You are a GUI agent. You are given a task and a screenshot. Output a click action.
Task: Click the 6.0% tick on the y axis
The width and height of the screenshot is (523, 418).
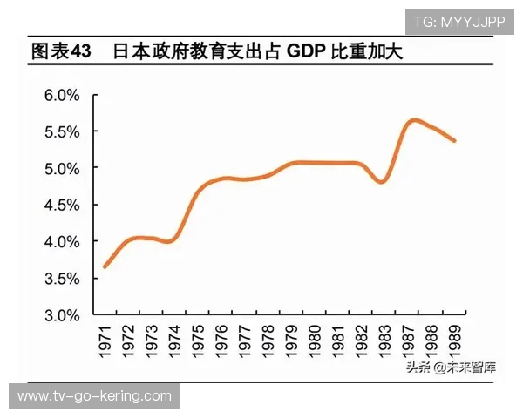(62, 94)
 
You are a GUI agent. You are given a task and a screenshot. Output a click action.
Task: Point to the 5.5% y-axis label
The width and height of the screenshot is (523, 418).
(62, 131)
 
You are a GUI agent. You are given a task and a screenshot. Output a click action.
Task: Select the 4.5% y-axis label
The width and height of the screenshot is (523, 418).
(62, 205)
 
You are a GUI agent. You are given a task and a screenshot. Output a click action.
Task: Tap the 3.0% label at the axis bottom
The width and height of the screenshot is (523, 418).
(62, 315)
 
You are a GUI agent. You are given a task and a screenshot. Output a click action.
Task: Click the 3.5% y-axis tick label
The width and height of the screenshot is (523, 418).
(62, 279)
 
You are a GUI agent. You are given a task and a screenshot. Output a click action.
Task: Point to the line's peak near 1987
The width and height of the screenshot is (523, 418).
(414, 120)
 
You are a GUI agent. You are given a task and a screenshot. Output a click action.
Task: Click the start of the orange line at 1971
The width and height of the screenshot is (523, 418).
(105, 266)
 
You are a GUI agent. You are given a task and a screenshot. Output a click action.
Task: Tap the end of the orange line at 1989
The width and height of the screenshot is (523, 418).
(455, 141)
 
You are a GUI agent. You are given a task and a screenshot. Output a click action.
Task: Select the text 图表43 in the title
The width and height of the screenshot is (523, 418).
(60, 51)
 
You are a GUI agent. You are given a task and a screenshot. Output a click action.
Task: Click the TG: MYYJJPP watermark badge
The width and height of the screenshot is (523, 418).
(458, 22)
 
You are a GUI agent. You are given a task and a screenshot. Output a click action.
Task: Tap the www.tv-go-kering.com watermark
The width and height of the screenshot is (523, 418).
(94, 396)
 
